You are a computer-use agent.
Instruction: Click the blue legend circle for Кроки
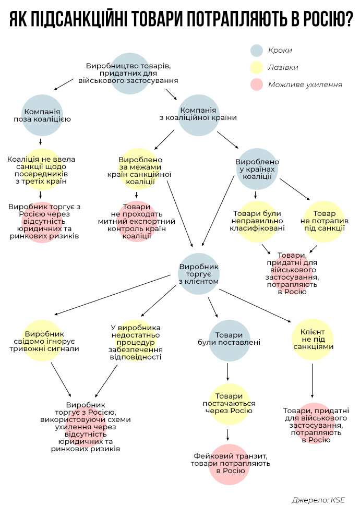click(256, 51)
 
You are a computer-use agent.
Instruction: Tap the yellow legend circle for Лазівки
click(256, 67)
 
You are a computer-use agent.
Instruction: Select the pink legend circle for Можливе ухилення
click(256, 84)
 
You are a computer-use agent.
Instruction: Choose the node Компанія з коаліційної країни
click(198, 114)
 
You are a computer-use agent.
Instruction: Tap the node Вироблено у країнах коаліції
click(257, 169)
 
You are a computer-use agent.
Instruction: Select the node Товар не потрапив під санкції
click(324, 221)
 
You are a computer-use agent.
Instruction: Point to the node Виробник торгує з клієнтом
click(198, 274)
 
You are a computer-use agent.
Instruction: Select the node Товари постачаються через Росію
click(229, 404)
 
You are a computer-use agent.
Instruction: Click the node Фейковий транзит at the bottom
click(229, 463)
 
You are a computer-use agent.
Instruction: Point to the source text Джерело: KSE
click(318, 500)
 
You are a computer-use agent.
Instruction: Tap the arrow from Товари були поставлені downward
click(229, 371)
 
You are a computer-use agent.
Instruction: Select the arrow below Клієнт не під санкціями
click(313, 381)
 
